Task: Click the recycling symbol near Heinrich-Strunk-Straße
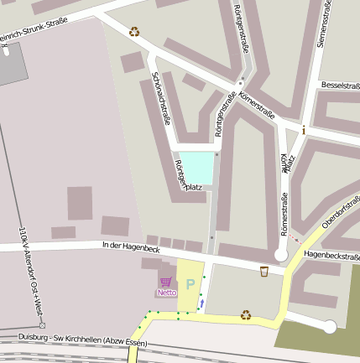coord(134,33)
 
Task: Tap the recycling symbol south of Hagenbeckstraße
coord(246,315)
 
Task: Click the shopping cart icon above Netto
coord(165,283)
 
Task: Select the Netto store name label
coord(166,293)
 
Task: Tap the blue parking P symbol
coord(190,283)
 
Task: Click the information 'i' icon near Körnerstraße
coord(303,129)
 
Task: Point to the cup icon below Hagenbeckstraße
coord(263,271)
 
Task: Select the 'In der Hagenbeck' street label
coord(130,247)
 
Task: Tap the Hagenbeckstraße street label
coord(331,253)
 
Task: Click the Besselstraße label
coord(340,86)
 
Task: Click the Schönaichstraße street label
coord(162,98)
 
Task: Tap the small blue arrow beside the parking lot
coord(201,302)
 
